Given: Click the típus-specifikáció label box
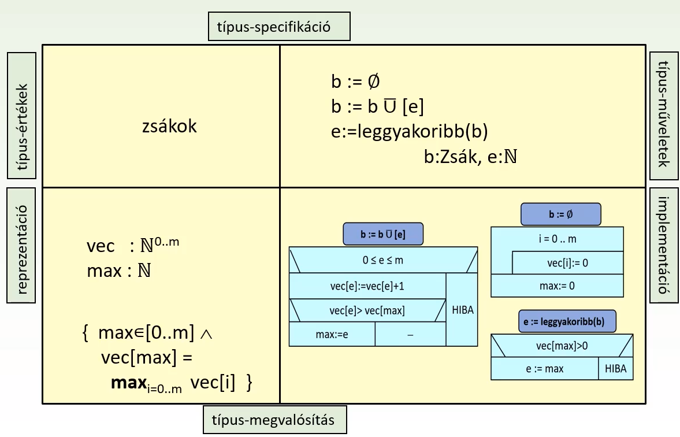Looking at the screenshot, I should pyautogui.click(x=279, y=27).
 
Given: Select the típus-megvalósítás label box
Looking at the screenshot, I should pyautogui.click(x=275, y=420).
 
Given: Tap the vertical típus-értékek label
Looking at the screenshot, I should pyautogui.click(x=22, y=116).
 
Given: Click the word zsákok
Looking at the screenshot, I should pyautogui.click(x=169, y=126).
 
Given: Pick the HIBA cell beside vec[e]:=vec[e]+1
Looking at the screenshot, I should pyautogui.click(x=461, y=309).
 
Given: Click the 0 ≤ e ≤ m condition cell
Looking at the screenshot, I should pyautogui.click(x=382, y=260).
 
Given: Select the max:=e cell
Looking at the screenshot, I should pyautogui.click(x=332, y=335).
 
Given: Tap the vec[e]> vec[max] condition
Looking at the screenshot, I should pyautogui.click(x=367, y=310).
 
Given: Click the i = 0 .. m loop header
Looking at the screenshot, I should pyautogui.click(x=557, y=238).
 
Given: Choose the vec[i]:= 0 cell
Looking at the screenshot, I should pyautogui.click(x=568, y=263).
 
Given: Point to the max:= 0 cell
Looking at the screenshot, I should pyautogui.click(x=557, y=286).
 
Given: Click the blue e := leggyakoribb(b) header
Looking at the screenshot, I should pyautogui.click(x=559, y=322).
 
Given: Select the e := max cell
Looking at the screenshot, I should pyautogui.click(x=545, y=368).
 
